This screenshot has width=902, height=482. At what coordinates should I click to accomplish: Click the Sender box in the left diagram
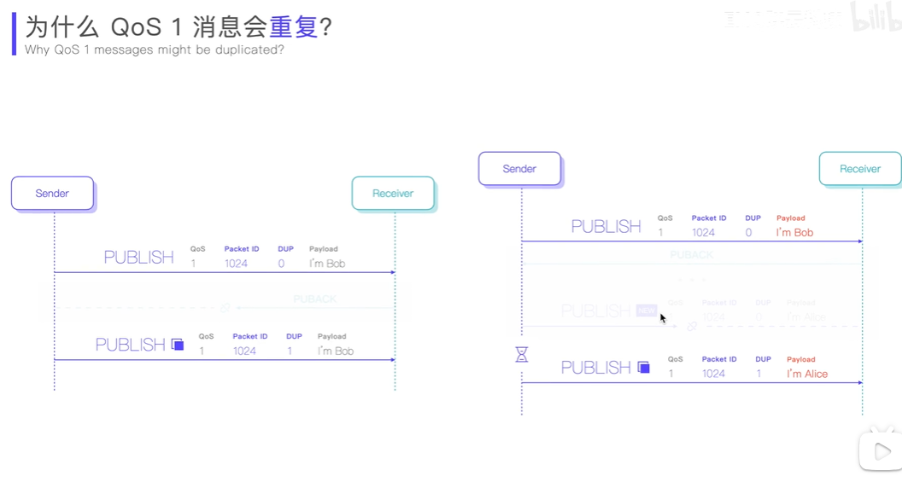click(x=52, y=194)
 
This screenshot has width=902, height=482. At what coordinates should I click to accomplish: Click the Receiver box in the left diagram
click(x=393, y=194)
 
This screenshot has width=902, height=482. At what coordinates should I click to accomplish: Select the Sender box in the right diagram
click(x=519, y=169)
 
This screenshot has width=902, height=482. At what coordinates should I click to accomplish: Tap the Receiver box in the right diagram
click(x=860, y=169)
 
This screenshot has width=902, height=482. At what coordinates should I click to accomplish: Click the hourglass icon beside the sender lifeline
click(x=522, y=354)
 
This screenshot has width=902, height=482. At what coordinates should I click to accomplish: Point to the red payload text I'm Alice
click(x=807, y=374)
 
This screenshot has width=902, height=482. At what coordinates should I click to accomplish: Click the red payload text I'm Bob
click(x=794, y=232)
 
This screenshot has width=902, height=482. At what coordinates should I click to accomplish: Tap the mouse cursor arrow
click(x=663, y=318)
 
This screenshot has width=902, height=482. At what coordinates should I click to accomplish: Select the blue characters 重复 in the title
click(x=294, y=26)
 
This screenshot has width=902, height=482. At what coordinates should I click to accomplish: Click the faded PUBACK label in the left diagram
click(x=315, y=299)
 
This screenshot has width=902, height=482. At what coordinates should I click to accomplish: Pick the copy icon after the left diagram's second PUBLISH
click(x=178, y=345)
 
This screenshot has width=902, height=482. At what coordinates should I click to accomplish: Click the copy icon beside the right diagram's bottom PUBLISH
click(x=644, y=368)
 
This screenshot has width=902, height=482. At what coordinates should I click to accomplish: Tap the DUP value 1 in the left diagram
click(x=290, y=351)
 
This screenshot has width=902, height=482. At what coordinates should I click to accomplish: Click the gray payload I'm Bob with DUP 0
click(x=327, y=264)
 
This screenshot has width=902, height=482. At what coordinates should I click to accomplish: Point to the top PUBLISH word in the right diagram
click(x=606, y=227)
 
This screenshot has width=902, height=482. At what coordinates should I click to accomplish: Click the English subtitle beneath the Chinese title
click(x=155, y=49)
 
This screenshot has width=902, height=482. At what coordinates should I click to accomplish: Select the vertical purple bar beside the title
click(x=14, y=33)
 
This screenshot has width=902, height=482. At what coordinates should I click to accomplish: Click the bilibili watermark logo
click(x=876, y=17)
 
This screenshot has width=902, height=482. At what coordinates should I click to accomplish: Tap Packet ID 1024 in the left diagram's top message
click(x=236, y=264)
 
